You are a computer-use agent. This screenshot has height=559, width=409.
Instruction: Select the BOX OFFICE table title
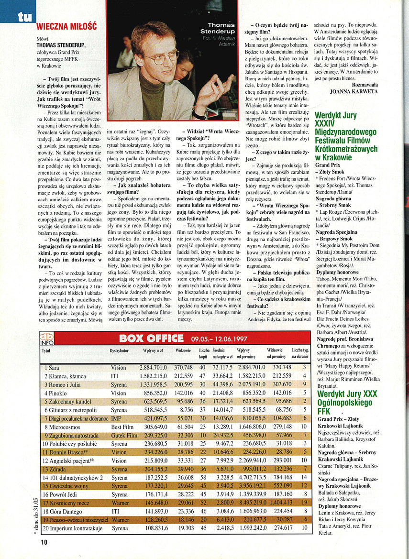151,339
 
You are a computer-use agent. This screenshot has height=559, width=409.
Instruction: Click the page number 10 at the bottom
44,542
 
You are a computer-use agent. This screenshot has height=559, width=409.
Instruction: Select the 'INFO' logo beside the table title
47,339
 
